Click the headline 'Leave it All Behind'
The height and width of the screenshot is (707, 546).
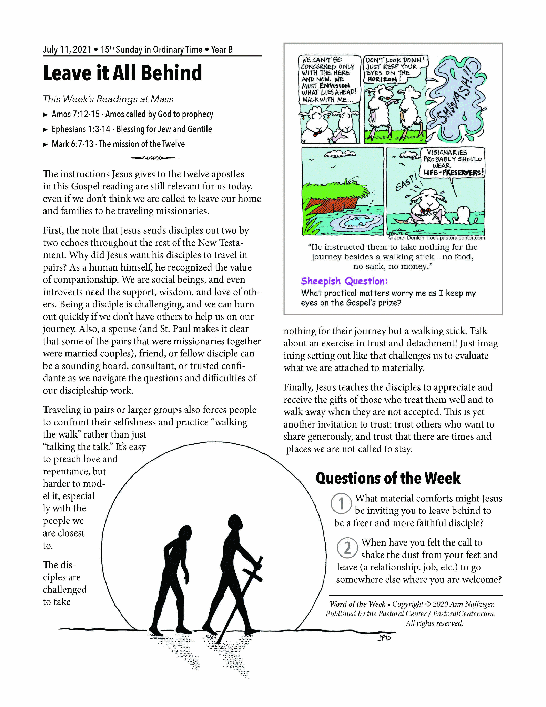pyautogui.click(x=122, y=73)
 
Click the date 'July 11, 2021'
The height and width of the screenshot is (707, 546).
pyautogui.click(x=67, y=50)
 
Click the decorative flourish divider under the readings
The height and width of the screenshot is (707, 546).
pyautogui.click(x=152, y=158)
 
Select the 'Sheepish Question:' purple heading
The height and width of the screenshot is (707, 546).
pyautogui.click(x=344, y=281)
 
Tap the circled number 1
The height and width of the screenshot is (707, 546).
pyautogui.click(x=341, y=503)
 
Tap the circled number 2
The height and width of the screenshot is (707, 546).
pyautogui.click(x=347, y=548)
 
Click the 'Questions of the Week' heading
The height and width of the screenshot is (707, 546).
pyautogui.click(x=388, y=478)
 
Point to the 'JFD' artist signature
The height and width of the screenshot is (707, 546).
pyautogui.click(x=384, y=638)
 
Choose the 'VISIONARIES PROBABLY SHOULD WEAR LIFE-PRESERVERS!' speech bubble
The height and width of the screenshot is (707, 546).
pyautogui.click(x=453, y=163)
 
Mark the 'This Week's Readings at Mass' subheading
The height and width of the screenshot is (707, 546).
pyautogui.click(x=108, y=99)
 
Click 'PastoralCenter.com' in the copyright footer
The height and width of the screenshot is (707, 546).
pyautogui.click(x=464, y=614)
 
